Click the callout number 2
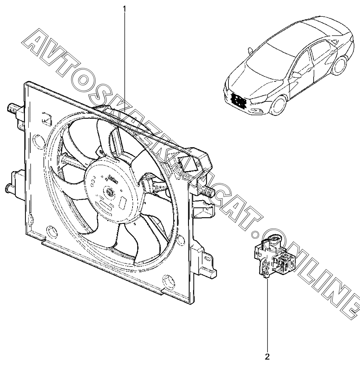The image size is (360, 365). click(268, 357)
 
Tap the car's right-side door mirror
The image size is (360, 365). click(297, 75)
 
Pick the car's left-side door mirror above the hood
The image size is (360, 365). click(250, 50)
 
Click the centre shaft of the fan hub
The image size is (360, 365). click(109, 192)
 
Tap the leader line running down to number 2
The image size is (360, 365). click(268, 316)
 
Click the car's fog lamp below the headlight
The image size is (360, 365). click(262, 111)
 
